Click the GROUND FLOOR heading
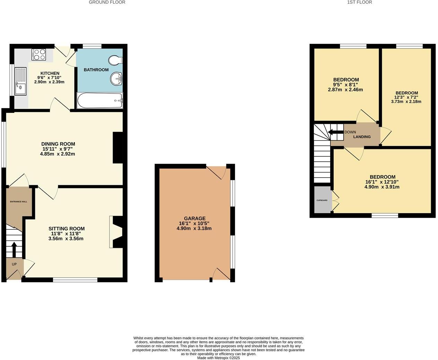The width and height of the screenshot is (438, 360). (x=107, y=2)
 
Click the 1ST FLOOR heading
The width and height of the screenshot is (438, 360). (x=359, y=2)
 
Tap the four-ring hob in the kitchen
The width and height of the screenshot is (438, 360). (x=39, y=54)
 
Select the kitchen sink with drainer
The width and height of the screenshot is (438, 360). (x=20, y=81)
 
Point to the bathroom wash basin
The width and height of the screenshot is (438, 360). (x=117, y=79)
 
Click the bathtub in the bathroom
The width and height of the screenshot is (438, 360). (x=100, y=100)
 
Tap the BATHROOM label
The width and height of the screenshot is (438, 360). (x=96, y=70)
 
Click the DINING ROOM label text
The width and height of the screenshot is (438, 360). (x=58, y=144)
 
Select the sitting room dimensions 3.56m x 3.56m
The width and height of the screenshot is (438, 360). (x=66, y=238)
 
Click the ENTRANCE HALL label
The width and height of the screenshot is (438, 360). (x=18, y=201)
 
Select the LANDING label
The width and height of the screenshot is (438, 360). (x=362, y=137)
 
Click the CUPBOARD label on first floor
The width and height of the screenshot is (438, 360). (x=322, y=200)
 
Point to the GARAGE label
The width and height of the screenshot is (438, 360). (x=194, y=218)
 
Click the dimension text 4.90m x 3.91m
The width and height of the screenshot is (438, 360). (x=382, y=187)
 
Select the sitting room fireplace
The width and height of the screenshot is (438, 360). (x=116, y=232)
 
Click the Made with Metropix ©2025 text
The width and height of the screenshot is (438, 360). (x=218, y=358)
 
